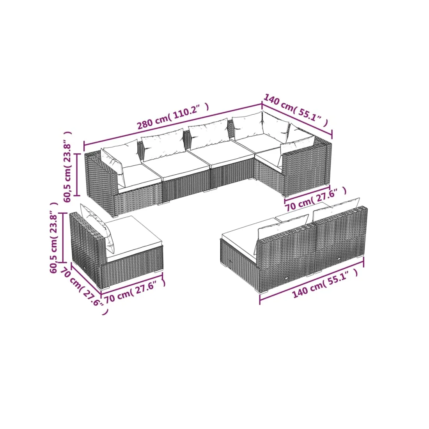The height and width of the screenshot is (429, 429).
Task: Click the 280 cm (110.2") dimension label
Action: pyautogui.click(x=173, y=116)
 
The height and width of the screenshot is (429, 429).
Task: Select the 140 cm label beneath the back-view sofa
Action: pyautogui.click(x=325, y=284)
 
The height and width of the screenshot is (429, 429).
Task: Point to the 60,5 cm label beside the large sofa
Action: pyautogui.click(x=67, y=167)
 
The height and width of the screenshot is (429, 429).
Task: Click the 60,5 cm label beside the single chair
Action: pyautogui.click(x=54, y=238)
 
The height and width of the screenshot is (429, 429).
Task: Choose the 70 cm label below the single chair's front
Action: pyautogui.click(x=135, y=292)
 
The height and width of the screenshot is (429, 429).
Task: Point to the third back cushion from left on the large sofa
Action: pyautogui.click(x=209, y=133)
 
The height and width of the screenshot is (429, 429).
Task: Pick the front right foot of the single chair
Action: pyautogui.click(x=159, y=271)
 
